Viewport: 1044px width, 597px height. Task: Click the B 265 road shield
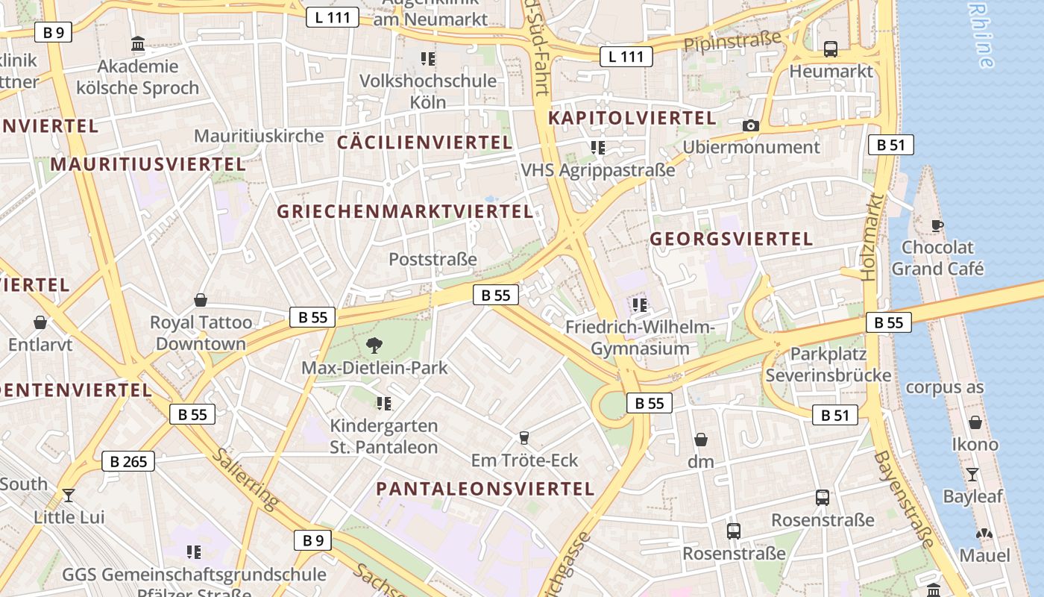click(128, 461)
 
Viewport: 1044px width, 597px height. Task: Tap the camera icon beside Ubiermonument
click(751, 125)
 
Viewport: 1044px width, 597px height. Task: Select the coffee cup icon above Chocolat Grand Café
click(937, 225)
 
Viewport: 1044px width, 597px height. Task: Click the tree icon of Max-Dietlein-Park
click(374, 345)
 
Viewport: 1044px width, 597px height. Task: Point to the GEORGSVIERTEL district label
click(731, 239)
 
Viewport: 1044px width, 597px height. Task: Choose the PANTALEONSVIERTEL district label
click(485, 489)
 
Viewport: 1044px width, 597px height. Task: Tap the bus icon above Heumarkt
click(831, 49)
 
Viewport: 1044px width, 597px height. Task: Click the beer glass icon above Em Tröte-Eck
click(524, 437)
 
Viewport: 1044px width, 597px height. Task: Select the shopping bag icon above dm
click(701, 439)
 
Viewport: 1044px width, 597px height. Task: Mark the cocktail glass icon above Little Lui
click(69, 494)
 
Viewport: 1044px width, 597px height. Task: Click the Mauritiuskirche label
click(259, 136)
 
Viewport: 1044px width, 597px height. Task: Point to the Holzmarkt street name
click(873, 237)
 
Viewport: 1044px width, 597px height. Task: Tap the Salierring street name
click(246, 479)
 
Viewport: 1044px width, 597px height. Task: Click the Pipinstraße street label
click(732, 41)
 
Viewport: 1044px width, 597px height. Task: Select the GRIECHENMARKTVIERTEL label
click(405, 211)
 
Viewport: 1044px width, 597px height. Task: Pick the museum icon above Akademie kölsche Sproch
click(138, 44)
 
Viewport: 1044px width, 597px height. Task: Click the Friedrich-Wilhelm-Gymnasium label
click(640, 338)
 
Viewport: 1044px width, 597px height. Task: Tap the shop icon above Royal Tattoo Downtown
click(201, 300)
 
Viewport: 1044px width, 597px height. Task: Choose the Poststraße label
click(433, 259)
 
